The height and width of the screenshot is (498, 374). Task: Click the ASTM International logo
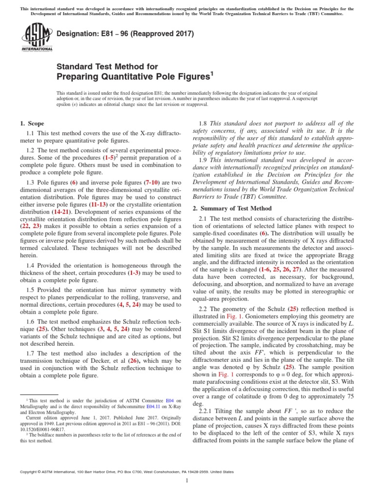click(x=37, y=38)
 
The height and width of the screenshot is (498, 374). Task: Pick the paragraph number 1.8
click(x=206, y=124)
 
